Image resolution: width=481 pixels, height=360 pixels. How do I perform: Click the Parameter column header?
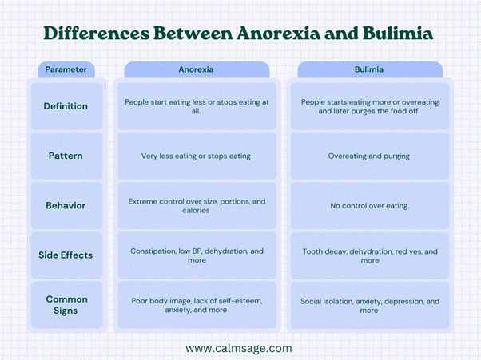click(x=66, y=69)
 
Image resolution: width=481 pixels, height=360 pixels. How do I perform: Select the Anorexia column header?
click(x=196, y=69)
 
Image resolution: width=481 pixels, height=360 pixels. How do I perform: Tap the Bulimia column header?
click(x=369, y=69)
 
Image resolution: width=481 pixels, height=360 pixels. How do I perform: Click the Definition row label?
click(x=66, y=106)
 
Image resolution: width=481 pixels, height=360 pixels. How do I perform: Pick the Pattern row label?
click(x=66, y=156)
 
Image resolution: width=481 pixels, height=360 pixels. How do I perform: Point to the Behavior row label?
click(x=66, y=205)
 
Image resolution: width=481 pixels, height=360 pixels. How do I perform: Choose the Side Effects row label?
click(x=66, y=255)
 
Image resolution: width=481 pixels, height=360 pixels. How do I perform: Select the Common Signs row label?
click(x=66, y=305)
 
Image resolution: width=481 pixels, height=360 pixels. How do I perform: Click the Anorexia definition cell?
click(x=196, y=106)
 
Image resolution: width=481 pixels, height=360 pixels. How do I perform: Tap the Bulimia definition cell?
click(x=369, y=106)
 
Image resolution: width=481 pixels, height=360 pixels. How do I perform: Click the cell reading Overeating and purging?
click(x=369, y=156)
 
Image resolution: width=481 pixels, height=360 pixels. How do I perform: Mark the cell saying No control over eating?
click(x=369, y=205)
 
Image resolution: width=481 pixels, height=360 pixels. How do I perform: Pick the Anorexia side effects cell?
click(x=196, y=255)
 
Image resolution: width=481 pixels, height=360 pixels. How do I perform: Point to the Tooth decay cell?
click(x=369, y=255)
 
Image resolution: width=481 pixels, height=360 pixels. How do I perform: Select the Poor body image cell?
click(x=196, y=305)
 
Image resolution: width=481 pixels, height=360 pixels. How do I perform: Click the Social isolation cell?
click(x=369, y=305)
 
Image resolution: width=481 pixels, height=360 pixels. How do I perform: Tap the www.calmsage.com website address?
click(x=239, y=348)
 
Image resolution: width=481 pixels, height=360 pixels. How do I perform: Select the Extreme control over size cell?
click(x=196, y=205)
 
